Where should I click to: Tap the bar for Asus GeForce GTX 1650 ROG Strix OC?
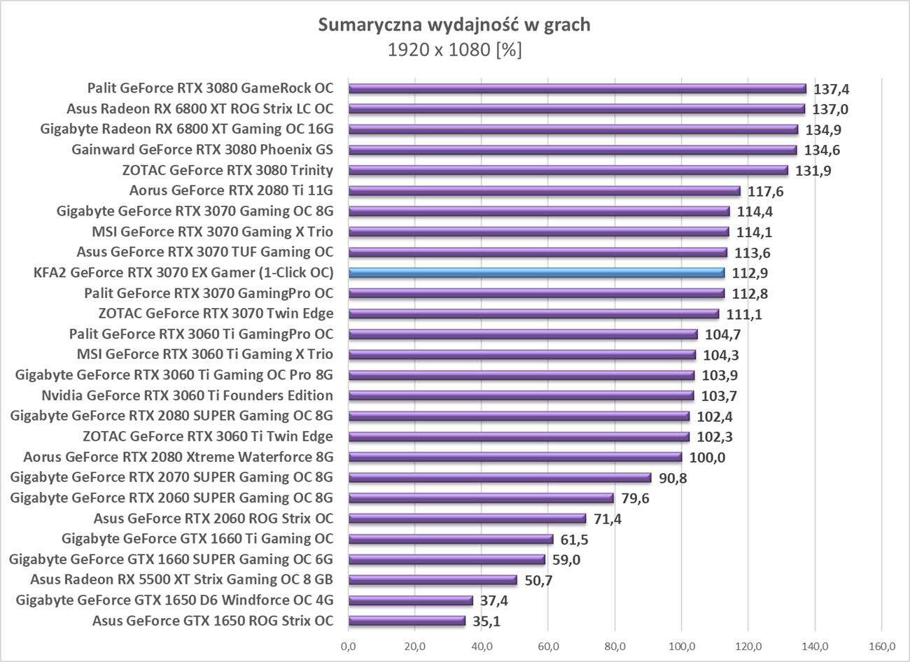(407, 621)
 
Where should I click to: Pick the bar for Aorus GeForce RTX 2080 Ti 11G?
(544, 191)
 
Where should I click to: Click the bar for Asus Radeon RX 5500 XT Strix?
(433, 579)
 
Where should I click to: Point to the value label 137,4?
(832, 90)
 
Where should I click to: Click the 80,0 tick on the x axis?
(615, 645)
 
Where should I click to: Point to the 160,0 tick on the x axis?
(881, 645)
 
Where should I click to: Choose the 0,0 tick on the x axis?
(348, 645)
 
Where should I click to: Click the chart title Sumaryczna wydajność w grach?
(454, 25)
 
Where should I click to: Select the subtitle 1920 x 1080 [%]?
(454, 50)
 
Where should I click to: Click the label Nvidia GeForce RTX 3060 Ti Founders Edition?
(187, 395)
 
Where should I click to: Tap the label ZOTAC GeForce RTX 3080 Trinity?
(227, 170)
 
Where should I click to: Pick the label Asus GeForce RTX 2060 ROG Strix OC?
(213, 519)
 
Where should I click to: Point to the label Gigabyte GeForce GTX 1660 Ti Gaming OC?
(197, 539)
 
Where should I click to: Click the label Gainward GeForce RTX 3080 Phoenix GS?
(202, 150)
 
